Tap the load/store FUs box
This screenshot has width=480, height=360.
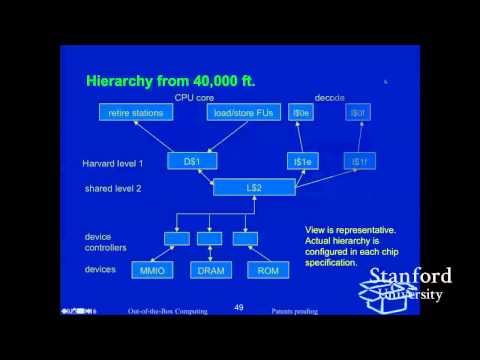coord(244,113)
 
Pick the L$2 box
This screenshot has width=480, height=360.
coord(254,185)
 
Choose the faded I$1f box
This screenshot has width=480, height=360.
coord(358,159)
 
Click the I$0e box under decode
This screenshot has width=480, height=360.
coord(299,113)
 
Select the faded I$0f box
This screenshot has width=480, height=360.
coord(358,113)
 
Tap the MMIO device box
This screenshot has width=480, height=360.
coord(152,270)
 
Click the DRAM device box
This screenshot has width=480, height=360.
coord(209,270)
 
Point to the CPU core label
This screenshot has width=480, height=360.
coord(196,97)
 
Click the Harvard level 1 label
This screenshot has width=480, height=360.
coord(113,161)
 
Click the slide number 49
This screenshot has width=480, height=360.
coord(238,307)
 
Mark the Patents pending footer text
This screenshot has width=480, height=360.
coord(294,312)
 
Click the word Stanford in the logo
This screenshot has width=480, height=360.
coord(411,276)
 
